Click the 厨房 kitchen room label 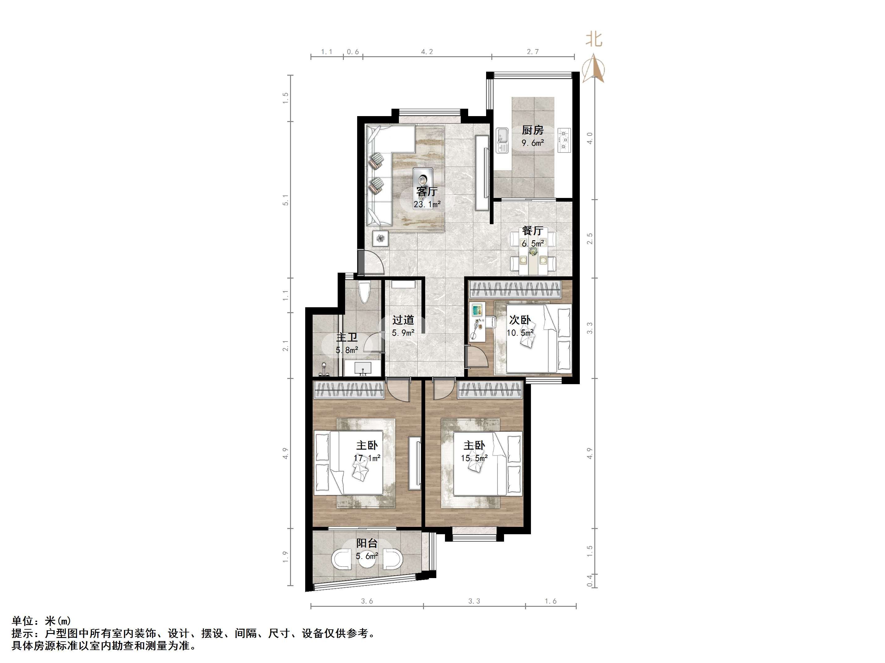pos(532,130)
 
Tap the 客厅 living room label pos(426,192)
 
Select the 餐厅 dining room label pos(532,231)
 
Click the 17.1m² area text pos(367,458)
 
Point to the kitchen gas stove pos(564,140)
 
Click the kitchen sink pos(502,140)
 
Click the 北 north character pos(594,40)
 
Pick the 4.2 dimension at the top pos(427,52)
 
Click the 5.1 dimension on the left pos(285,200)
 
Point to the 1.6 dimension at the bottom pos(550,601)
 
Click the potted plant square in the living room pos(380,239)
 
